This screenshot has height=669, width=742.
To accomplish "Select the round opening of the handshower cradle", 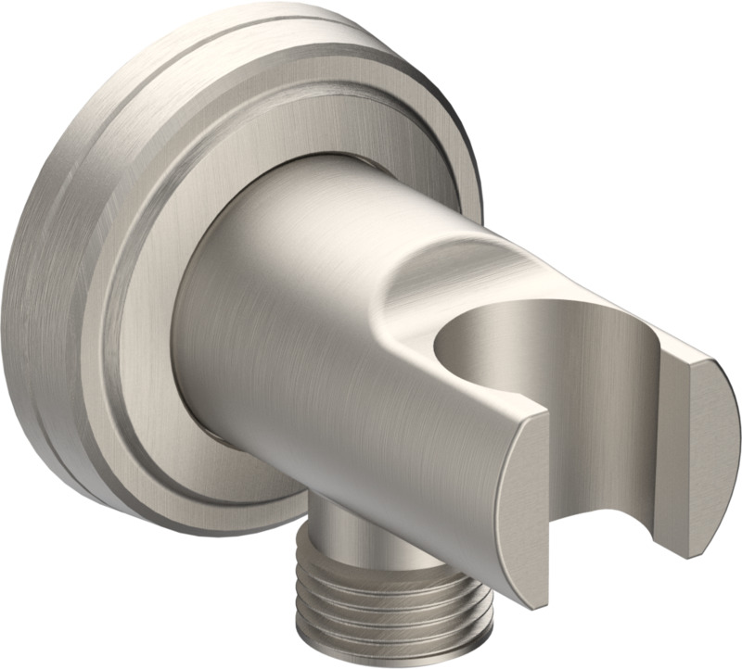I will coord(501,334).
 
